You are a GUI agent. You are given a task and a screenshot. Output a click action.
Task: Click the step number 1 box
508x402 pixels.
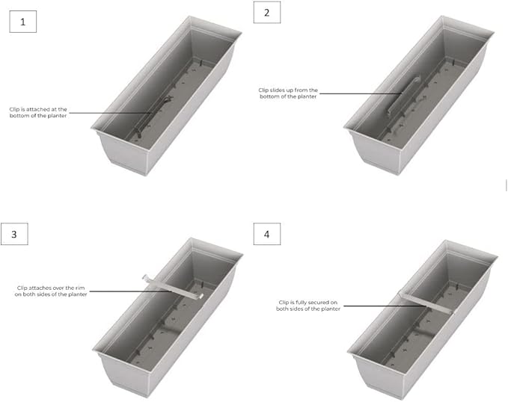[x=22, y=22]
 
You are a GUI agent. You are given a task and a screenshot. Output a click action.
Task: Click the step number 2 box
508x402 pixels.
[x=267, y=12]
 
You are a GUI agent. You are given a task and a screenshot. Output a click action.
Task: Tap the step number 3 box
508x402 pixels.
[x=14, y=234]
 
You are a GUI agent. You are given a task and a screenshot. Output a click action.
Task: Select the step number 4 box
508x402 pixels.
[x=267, y=234]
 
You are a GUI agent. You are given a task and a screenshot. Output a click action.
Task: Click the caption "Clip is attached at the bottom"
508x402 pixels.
[x=38, y=113]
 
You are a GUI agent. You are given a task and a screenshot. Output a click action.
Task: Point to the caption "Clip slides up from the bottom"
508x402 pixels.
[x=288, y=93]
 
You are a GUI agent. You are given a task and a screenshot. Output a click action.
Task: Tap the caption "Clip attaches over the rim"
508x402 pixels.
[x=51, y=291]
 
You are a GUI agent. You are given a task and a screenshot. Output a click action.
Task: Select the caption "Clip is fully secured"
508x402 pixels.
[x=308, y=306]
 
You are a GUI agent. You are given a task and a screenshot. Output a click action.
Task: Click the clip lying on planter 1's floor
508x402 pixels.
[x=153, y=116]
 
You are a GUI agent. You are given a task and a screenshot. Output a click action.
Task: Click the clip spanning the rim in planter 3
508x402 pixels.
[x=173, y=286]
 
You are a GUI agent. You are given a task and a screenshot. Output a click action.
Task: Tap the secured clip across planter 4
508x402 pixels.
[x=425, y=303]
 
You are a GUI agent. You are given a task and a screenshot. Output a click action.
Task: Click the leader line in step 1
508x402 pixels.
[x=110, y=113]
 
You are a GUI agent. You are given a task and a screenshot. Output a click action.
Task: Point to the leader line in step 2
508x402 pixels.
[x=361, y=93]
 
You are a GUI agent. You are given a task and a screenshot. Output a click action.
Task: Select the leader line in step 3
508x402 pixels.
[x=130, y=291]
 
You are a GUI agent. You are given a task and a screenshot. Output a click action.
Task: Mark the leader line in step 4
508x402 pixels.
[x=384, y=306]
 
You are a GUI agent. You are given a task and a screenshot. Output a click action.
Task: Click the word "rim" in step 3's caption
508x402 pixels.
[x=80, y=288]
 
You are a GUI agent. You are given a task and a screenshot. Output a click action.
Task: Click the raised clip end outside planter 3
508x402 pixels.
[x=146, y=278]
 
